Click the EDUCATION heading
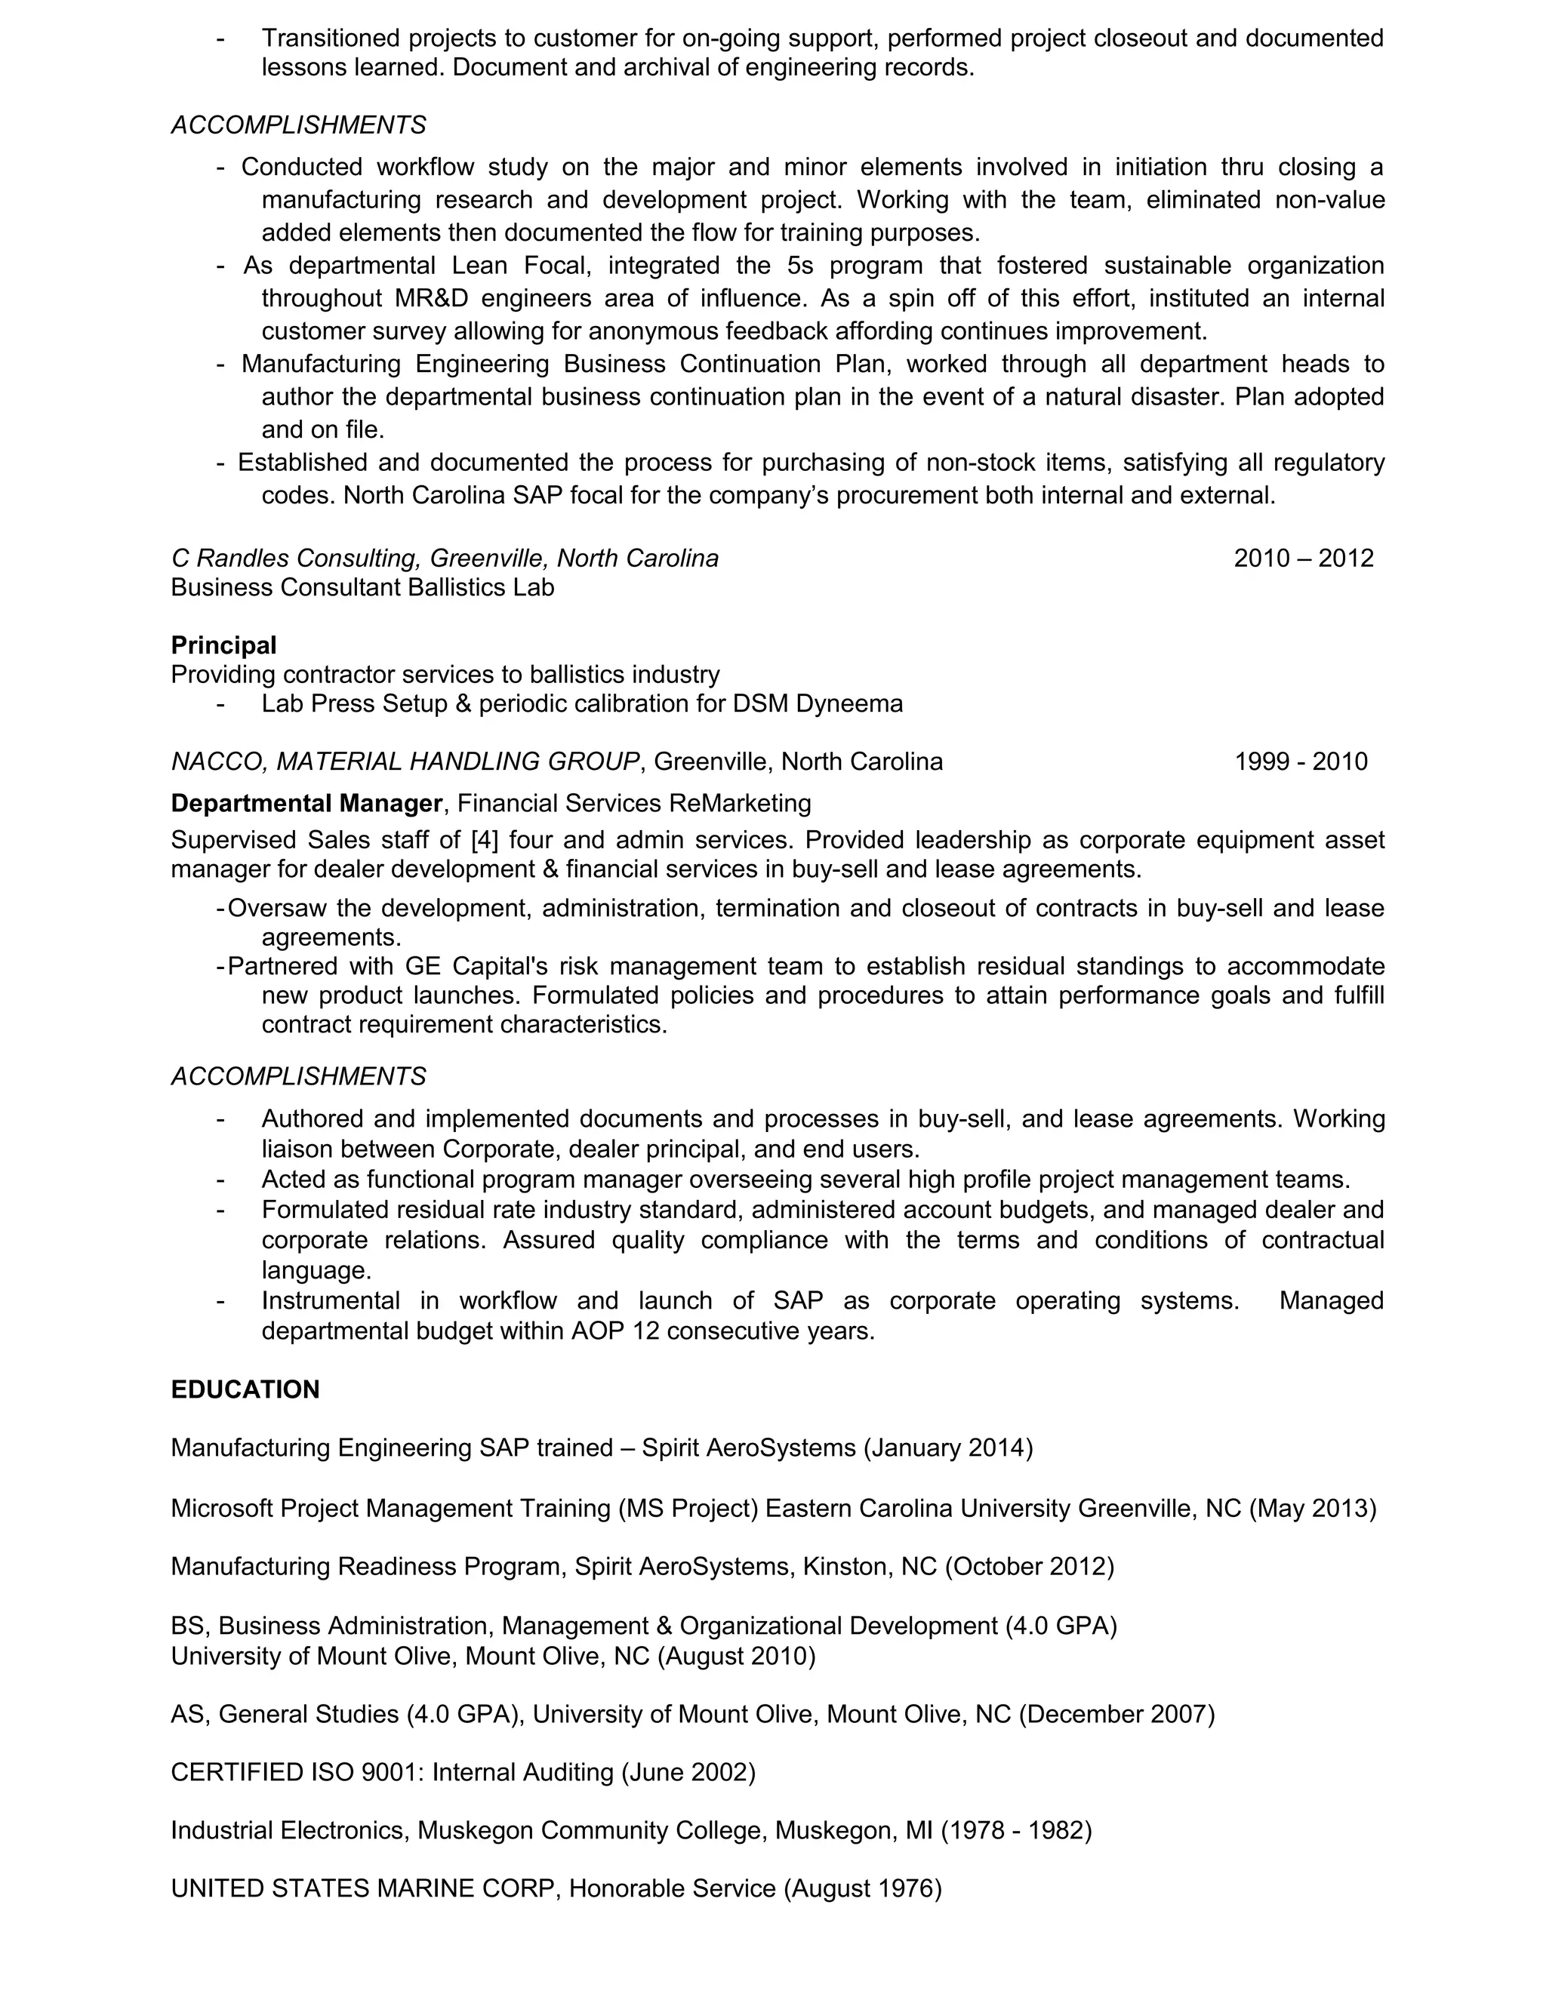(245, 1389)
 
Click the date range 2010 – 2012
(1303, 558)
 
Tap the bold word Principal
(223, 645)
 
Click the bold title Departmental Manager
(306, 803)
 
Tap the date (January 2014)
(948, 1448)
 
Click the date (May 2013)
(1313, 1508)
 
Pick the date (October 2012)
(1030, 1566)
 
